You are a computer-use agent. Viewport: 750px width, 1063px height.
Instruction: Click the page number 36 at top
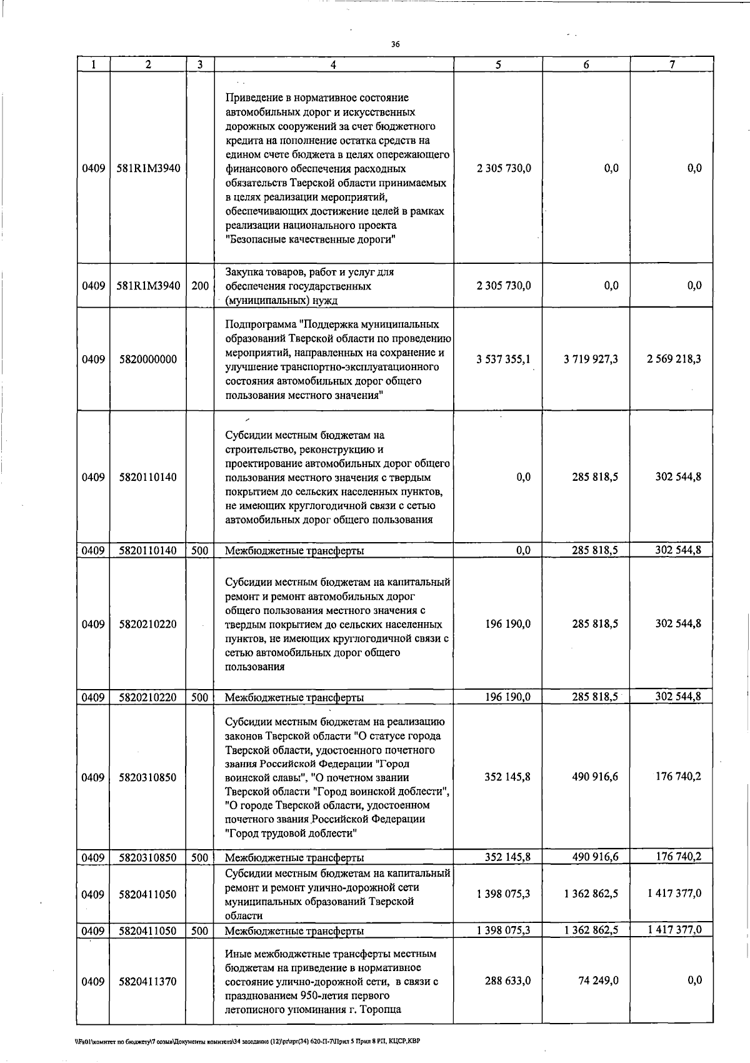[x=395, y=44]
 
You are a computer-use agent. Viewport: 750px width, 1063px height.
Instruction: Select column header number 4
[x=333, y=64]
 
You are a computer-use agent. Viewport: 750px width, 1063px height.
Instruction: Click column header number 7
[x=671, y=64]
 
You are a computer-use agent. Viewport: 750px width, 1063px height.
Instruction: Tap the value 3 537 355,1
[x=504, y=359]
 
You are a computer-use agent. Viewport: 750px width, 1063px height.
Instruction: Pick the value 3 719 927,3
[x=591, y=359]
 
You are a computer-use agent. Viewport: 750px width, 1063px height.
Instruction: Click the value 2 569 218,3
[x=674, y=359]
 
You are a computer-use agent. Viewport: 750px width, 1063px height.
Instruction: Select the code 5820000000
[x=147, y=360]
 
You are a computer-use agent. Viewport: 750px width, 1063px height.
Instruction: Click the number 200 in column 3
[x=200, y=286]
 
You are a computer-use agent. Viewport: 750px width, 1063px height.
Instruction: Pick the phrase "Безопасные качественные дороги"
[x=312, y=239]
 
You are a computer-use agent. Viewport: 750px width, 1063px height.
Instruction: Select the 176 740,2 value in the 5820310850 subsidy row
[x=678, y=777]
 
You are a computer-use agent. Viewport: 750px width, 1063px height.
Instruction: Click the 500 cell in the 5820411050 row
[x=199, y=930]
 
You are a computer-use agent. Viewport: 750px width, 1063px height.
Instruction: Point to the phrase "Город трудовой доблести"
[x=291, y=834]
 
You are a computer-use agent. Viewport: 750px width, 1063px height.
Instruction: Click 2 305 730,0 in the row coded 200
[x=504, y=286]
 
